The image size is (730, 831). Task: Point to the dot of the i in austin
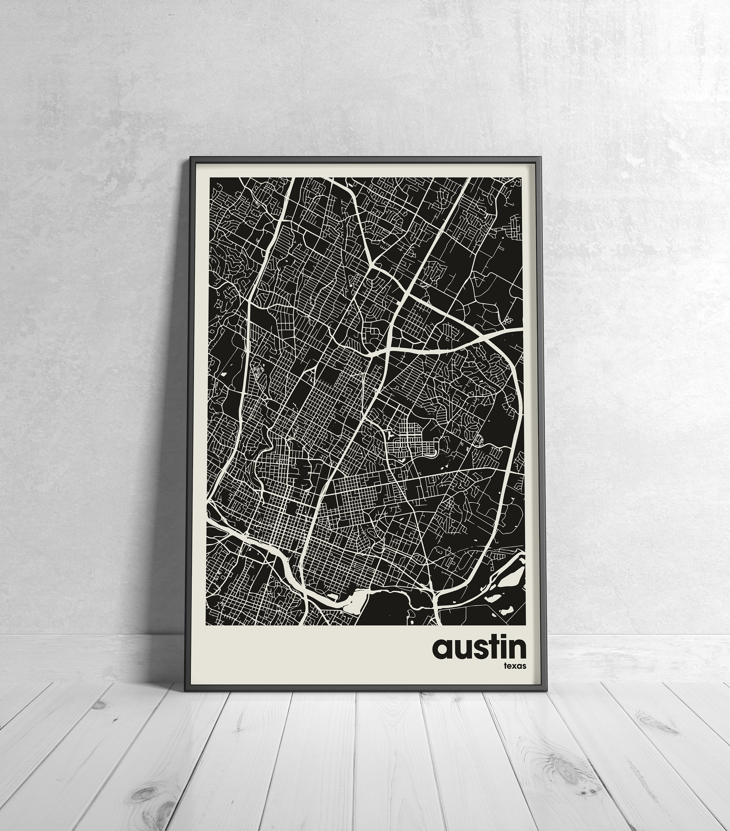pos(502,639)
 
